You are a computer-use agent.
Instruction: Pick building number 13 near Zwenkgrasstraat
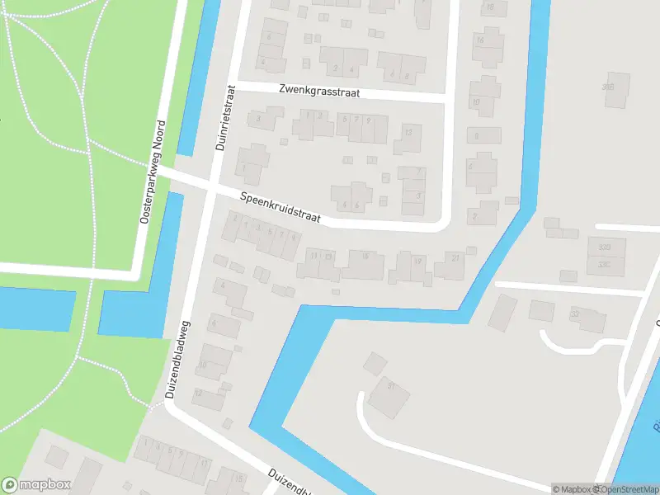click(x=408, y=138)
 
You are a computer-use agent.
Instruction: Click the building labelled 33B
click(x=606, y=247)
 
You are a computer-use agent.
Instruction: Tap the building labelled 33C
click(x=606, y=265)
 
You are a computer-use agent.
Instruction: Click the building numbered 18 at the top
click(x=493, y=7)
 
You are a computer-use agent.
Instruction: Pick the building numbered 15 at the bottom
click(x=238, y=479)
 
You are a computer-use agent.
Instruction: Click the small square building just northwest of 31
click(x=375, y=363)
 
